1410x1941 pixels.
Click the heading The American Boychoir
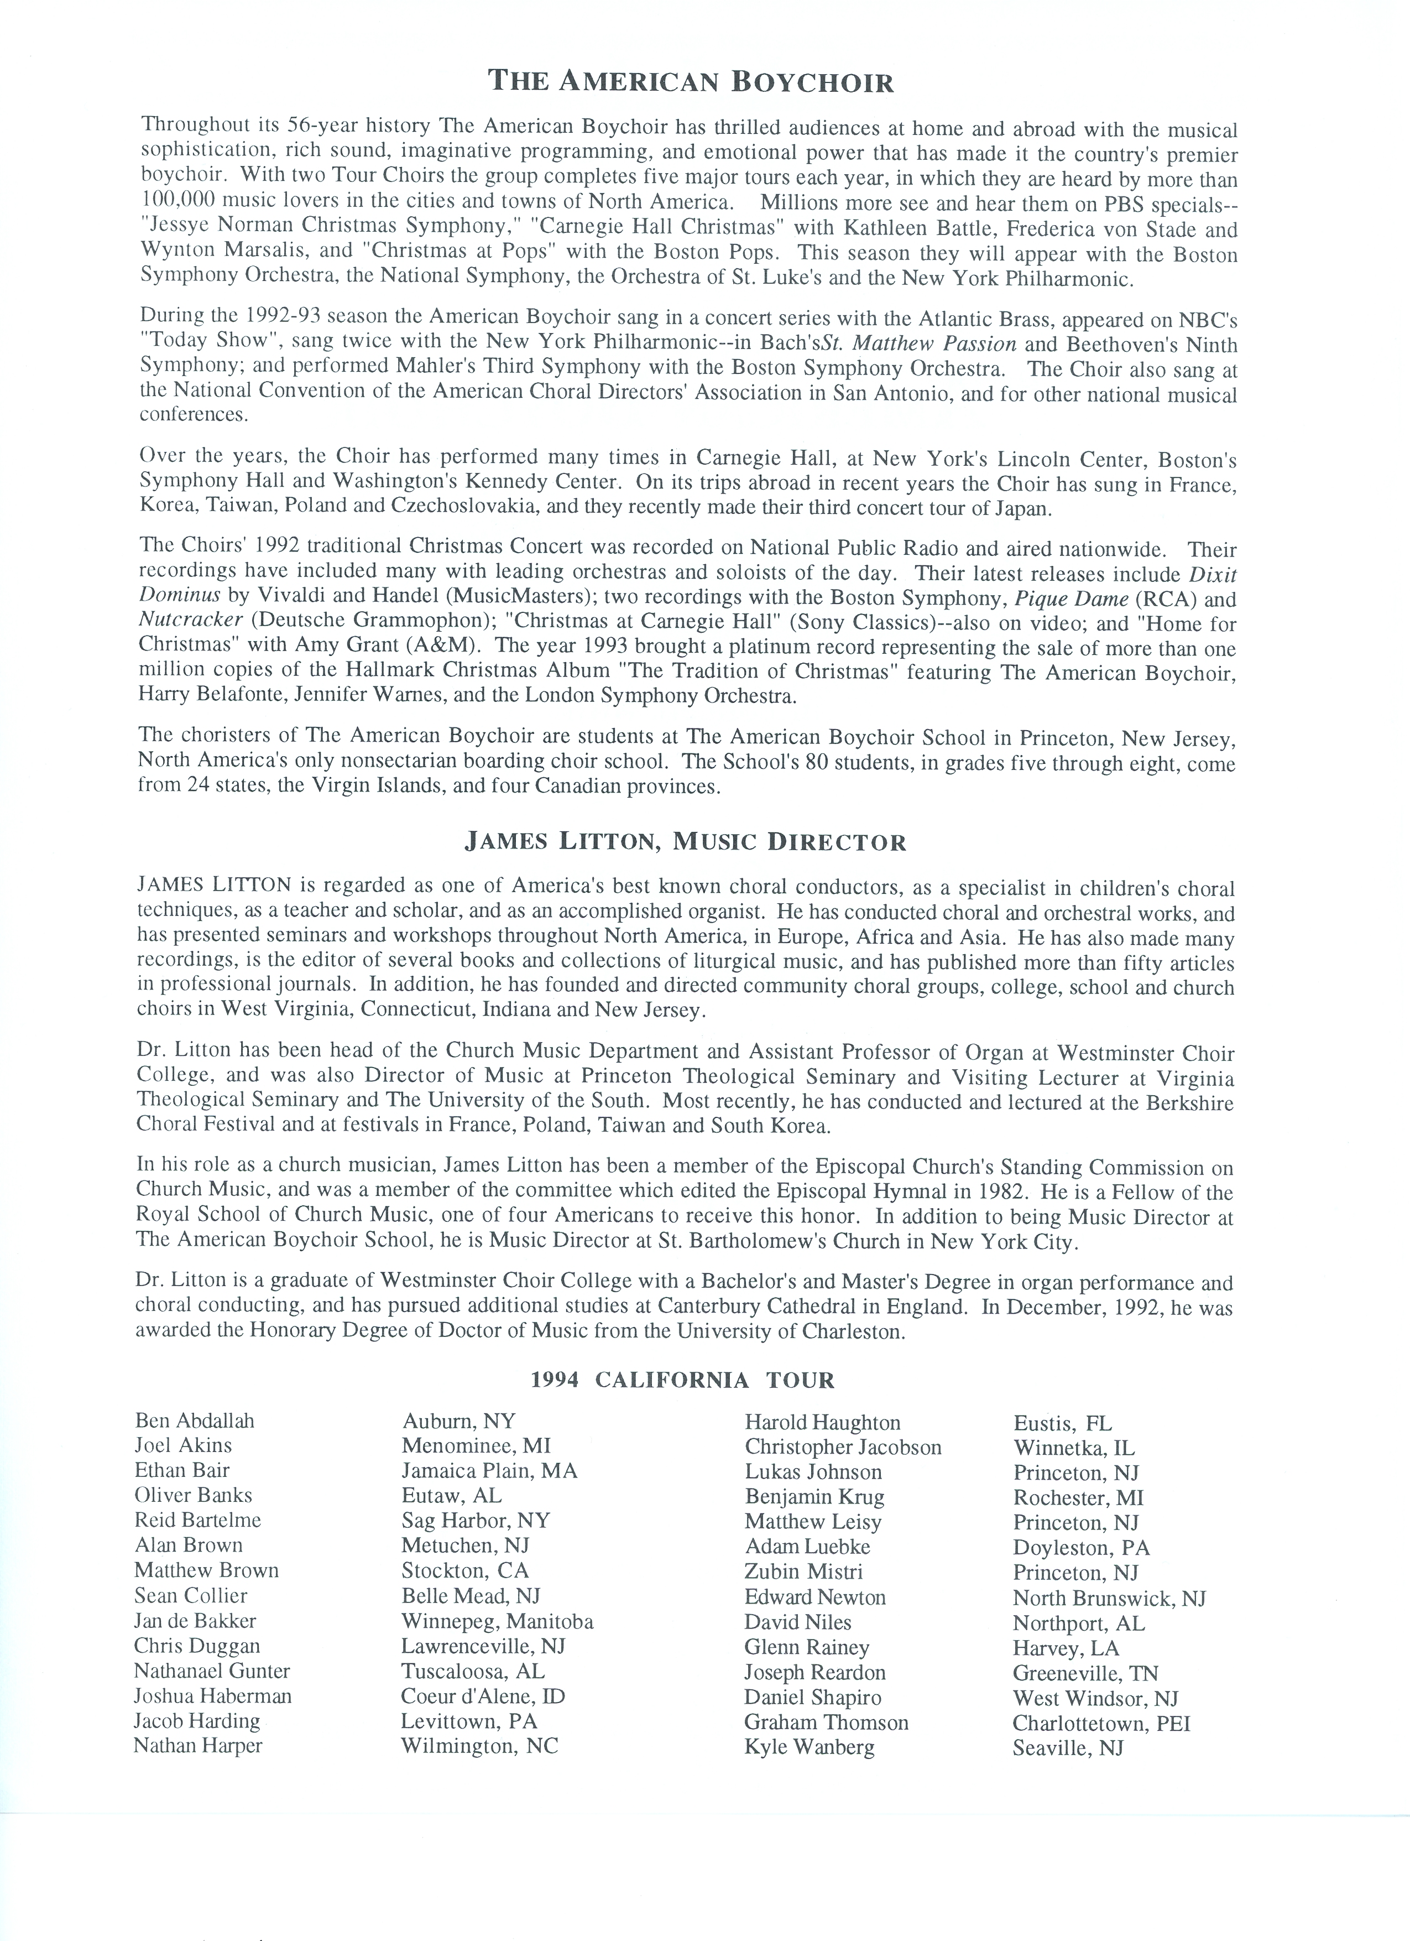[691, 82]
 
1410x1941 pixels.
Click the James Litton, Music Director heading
[685, 842]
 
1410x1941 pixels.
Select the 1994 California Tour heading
[682, 1380]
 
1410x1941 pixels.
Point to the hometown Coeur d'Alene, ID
[483, 1697]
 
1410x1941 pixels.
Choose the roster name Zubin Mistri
[803, 1571]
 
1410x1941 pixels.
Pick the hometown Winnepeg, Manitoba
[497, 1622]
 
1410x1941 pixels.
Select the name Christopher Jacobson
[843, 1447]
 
